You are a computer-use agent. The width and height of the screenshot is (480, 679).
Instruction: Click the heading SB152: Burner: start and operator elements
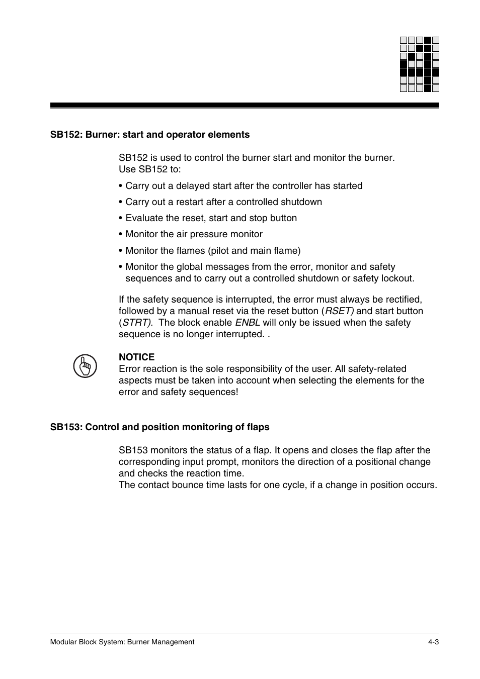click(149, 135)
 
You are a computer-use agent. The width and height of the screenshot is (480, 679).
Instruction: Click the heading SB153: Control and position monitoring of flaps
click(159, 427)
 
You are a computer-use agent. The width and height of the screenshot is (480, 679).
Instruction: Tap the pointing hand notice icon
click(85, 366)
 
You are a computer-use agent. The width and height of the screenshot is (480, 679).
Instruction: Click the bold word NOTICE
click(136, 357)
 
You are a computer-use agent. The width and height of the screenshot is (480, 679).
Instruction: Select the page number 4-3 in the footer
click(434, 642)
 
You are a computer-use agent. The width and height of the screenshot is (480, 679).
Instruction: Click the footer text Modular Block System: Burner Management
click(122, 642)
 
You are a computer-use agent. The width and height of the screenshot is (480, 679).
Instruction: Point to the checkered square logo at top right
click(420, 64)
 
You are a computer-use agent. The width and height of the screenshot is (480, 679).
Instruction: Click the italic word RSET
click(339, 311)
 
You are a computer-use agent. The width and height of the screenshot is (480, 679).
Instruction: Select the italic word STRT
click(136, 323)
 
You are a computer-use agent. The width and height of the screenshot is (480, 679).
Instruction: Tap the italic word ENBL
click(248, 323)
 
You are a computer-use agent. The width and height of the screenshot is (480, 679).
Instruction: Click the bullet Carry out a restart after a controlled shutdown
click(223, 202)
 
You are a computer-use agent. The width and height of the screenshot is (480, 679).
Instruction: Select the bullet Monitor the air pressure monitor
click(194, 234)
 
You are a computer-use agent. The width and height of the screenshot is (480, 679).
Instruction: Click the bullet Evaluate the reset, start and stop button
click(211, 218)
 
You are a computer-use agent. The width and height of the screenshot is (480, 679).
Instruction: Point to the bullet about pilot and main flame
click(212, 251)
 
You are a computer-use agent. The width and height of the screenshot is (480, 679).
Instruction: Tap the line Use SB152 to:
click(149, 169)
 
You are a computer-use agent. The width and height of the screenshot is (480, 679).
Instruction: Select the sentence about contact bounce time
click(278, 485)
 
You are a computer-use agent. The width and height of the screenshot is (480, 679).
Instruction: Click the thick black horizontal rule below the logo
click(244, 106)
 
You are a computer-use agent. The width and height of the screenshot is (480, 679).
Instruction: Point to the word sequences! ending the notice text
click(216, 392)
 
